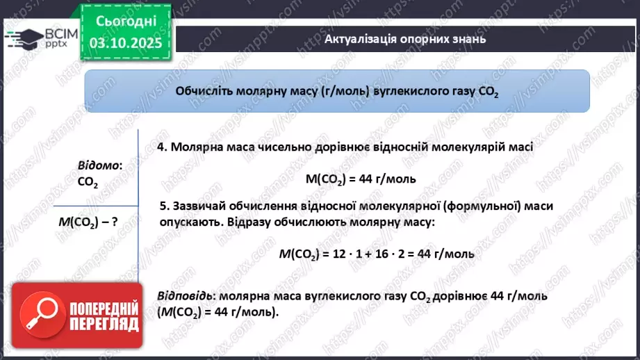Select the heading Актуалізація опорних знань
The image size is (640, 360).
click(x=404, y=39)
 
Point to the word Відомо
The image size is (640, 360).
click(x=99, y=165)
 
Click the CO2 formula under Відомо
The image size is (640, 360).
click(x=88, y=182)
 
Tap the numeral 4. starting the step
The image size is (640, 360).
click(x=162, y=147)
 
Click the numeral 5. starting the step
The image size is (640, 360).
click(x=164, y=206)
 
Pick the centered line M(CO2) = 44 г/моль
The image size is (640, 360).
click(x=361, y=179)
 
